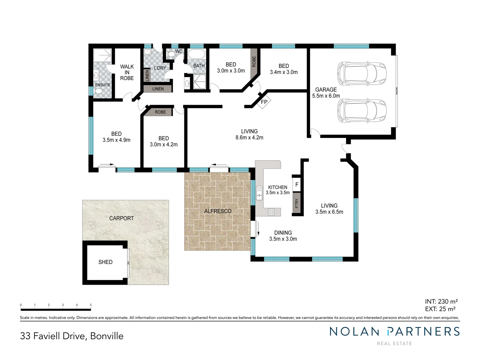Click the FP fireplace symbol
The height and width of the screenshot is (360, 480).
[x=264, y=102]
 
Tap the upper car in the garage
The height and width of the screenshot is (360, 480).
[x=362, y=73]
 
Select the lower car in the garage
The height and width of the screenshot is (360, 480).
[x=362, y=110]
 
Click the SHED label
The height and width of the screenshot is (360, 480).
[x=105, y=262]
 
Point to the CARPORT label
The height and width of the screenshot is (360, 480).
[x=121, y=218]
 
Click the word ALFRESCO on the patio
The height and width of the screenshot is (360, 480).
[x=218, y=211]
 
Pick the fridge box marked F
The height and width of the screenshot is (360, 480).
[x=297, y=185]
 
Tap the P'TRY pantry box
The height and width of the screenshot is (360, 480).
[x=297, y=203]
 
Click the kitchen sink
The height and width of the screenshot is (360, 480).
[x=259, y=193]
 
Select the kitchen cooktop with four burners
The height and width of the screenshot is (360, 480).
[x=271, y=212]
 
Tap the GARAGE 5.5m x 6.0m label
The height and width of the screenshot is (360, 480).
[x=326, y=93]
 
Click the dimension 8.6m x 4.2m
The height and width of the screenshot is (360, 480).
[x=249, y=137]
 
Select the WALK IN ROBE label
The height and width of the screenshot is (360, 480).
[x=127, y=72]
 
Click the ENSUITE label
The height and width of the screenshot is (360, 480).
[x=103, y=85]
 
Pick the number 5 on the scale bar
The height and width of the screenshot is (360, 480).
[x=91, y=305]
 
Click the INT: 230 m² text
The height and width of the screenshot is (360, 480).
[x=441, y=301]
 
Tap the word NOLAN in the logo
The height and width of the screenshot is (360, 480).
[x=354, y=331]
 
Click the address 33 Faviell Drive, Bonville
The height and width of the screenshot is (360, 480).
[x=72, y=336]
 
